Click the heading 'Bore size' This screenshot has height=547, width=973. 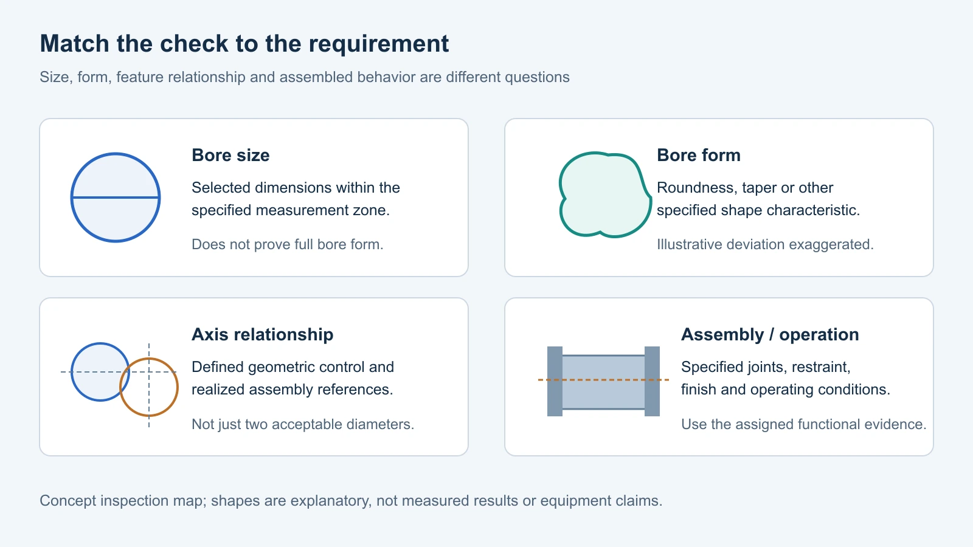point(230,156)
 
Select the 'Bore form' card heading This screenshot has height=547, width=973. point(699,156)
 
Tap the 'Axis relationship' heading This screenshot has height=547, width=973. point(262,335)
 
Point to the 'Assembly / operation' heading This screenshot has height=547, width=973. point(770,335)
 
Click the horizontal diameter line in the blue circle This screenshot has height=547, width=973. point(116,198)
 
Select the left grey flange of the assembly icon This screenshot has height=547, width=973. point(555,381)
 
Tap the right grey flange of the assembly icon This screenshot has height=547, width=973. point(652,381)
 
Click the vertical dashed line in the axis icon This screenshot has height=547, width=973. point(149,385)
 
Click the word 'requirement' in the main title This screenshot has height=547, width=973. point(379,44)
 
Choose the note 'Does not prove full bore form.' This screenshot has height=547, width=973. point(288,244)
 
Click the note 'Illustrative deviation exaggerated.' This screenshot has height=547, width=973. point(765,244)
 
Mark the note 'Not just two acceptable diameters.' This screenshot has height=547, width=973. point(303,424)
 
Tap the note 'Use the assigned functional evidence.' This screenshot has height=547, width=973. point(803,424)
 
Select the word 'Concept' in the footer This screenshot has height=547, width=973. point(68,501)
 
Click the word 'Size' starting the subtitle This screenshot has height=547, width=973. point(55,77)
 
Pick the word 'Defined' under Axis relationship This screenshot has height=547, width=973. point(218,367)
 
